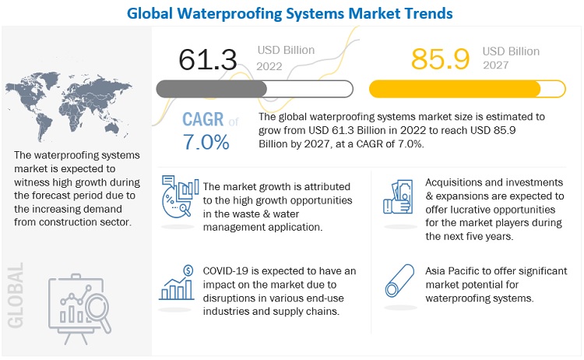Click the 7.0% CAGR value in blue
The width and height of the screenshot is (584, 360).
pos(206,143)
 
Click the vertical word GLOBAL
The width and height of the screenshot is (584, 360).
pos(16,292)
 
